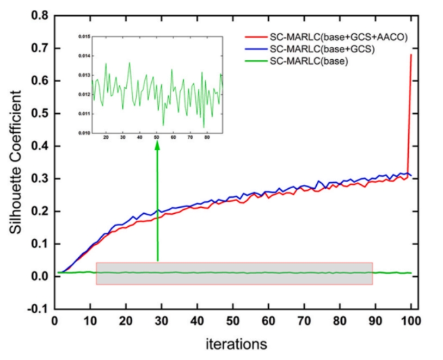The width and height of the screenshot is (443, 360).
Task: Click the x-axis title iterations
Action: pos(236,344)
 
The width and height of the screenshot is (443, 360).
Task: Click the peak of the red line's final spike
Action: pos(411,54)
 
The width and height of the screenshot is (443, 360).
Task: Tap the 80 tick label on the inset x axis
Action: pos(206,138)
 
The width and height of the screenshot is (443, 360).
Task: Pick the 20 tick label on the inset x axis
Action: pos(106,138)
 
